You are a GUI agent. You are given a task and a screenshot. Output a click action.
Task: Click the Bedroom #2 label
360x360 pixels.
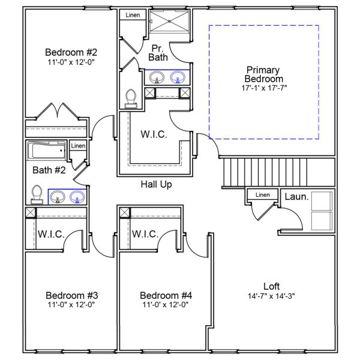coord(71,51)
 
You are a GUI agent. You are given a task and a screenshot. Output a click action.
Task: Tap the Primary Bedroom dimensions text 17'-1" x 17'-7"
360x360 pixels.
coord(263,88)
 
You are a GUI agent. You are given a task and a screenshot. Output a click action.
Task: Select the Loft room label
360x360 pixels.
coord(271,286)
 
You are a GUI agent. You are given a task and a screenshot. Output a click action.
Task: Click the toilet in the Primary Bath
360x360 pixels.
coord(131,98)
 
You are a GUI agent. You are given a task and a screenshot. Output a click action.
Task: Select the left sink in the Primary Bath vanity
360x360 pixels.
coord(157,77)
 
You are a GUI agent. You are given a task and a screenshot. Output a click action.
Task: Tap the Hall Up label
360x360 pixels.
coord(156,184)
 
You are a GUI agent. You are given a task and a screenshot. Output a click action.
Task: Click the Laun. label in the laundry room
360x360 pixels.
coord(296,196)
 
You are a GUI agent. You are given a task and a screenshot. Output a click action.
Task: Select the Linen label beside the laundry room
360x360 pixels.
coord(262,195)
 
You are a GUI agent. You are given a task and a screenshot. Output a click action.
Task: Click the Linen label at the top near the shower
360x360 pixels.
coord(133,14)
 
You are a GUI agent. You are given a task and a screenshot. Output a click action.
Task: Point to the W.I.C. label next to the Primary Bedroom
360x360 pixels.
coord(154,134)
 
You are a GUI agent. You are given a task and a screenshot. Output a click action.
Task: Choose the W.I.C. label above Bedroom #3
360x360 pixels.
coord(51,233)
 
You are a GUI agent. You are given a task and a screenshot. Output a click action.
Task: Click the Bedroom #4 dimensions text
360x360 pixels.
coord(166,304)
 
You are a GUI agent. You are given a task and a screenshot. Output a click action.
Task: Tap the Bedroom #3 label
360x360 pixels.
coord(71,295)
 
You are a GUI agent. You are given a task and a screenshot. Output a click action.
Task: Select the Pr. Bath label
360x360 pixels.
coord(157,52)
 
